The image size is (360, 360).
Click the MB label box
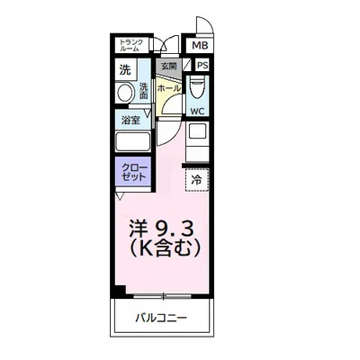coord(197,45)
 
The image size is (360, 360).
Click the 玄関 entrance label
coord(168,66)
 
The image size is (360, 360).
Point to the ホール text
coord(168,88)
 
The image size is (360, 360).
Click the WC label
coord(196,112)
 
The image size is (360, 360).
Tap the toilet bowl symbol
coord(197,87)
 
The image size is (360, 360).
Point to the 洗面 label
coord(143,91)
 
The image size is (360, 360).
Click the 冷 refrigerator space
coord(197,179)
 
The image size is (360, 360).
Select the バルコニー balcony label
coord(163,317)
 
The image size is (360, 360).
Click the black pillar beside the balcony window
coord(118,291)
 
